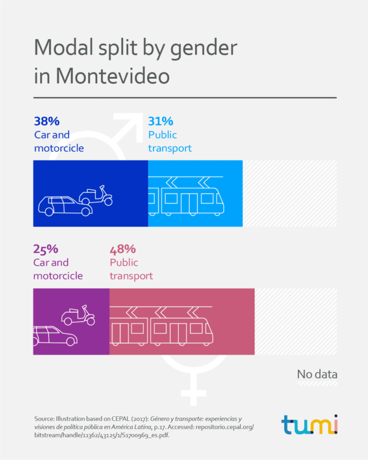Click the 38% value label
(47, 121)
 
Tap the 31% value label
(160, 121)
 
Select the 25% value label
(46, 249)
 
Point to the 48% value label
(122, 249)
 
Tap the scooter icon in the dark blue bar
(95, 195)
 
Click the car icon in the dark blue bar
(65, 206)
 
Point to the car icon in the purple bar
(55, 335)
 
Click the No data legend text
(317, 374)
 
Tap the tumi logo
(309, 424)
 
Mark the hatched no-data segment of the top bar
(289, 194)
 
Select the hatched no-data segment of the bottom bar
(296, 321)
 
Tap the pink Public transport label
(131, 269)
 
